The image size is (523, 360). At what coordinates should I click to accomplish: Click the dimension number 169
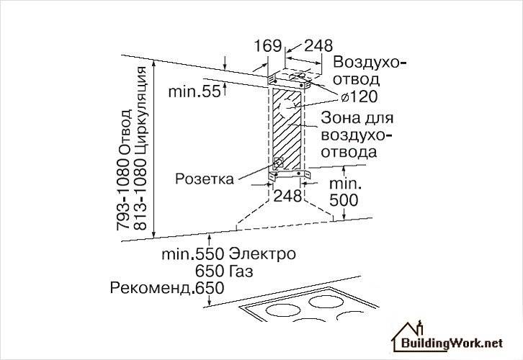(267, 46)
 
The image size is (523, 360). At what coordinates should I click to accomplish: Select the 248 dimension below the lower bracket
(287, 195)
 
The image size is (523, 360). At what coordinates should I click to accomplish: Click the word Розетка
(205, 179)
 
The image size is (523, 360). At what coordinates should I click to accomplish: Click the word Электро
(262, 255)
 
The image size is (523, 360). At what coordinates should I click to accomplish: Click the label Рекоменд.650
(167, 287)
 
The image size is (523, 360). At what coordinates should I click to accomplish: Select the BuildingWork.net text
(454, 344)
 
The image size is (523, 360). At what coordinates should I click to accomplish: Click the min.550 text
(192, 255)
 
